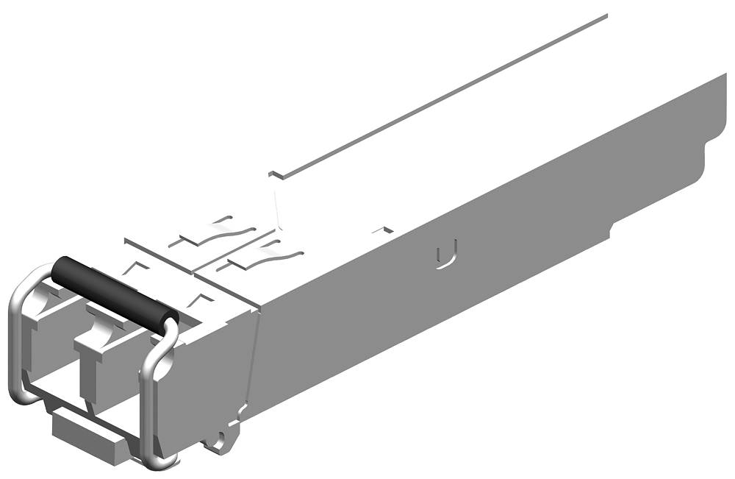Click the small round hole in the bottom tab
point(218,442)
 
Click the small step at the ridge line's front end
point(276,174)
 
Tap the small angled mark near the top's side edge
point(379,230)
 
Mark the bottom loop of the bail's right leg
point(158,462)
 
